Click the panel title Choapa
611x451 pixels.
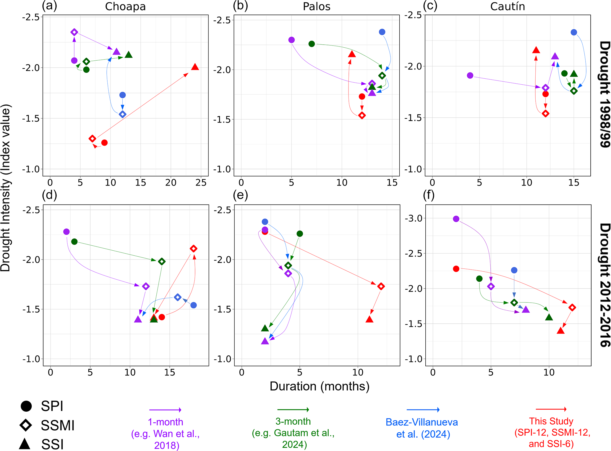[125, 7]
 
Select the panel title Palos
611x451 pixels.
[316, 7]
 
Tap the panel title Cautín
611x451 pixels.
[508, 7]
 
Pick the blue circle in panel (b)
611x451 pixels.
[382, 32]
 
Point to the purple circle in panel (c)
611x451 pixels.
[470, 75]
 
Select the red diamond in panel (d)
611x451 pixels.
[193, 249]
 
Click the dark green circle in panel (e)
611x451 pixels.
[300, 234]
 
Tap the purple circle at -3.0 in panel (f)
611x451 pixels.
[456, 219]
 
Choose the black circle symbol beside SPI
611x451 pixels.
[26, 406]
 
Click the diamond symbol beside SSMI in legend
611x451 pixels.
[26, 425]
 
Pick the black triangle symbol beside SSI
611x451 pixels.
[25, 444]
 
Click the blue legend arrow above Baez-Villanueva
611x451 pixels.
[423, 410]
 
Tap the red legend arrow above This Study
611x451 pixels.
[551, 409]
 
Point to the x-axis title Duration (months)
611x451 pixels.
[320, 386]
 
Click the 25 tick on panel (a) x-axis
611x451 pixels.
[201, 183]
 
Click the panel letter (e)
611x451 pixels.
[240, 195]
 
